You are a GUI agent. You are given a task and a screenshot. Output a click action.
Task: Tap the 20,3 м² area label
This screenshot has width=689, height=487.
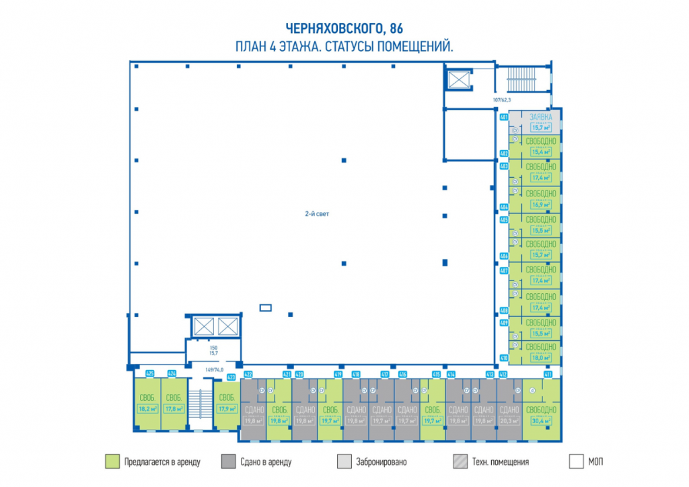click(x=509, y=422)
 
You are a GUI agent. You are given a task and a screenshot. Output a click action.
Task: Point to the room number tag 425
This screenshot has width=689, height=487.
click(x=150, y=373)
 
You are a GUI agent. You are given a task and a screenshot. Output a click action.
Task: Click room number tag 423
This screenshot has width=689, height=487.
click(x=231, y=377)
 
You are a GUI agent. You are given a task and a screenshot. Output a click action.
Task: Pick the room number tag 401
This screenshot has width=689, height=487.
click(x=503, y=116)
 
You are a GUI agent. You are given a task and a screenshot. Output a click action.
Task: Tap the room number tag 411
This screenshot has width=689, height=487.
click(x=548, y=374)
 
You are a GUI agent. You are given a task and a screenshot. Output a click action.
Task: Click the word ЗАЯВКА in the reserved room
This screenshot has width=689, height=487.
click(x=541, y=116)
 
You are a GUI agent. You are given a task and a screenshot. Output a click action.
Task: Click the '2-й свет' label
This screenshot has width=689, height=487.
click(x=316, y=213)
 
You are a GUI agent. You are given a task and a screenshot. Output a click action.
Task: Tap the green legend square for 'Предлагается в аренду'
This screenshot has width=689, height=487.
click(x=112, y=462)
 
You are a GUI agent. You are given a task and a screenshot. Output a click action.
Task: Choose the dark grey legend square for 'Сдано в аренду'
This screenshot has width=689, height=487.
click(x=228, y=462)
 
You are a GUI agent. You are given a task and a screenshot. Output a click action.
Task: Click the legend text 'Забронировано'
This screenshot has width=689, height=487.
click(x=382, y=462)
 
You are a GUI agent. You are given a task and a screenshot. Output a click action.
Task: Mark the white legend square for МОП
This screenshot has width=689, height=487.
click(x=576, y=462)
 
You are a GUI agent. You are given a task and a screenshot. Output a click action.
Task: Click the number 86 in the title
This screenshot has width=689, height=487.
click(x=396, y=28)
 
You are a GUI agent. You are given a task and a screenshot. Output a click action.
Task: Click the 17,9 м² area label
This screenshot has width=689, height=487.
click(x=227, y=408)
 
